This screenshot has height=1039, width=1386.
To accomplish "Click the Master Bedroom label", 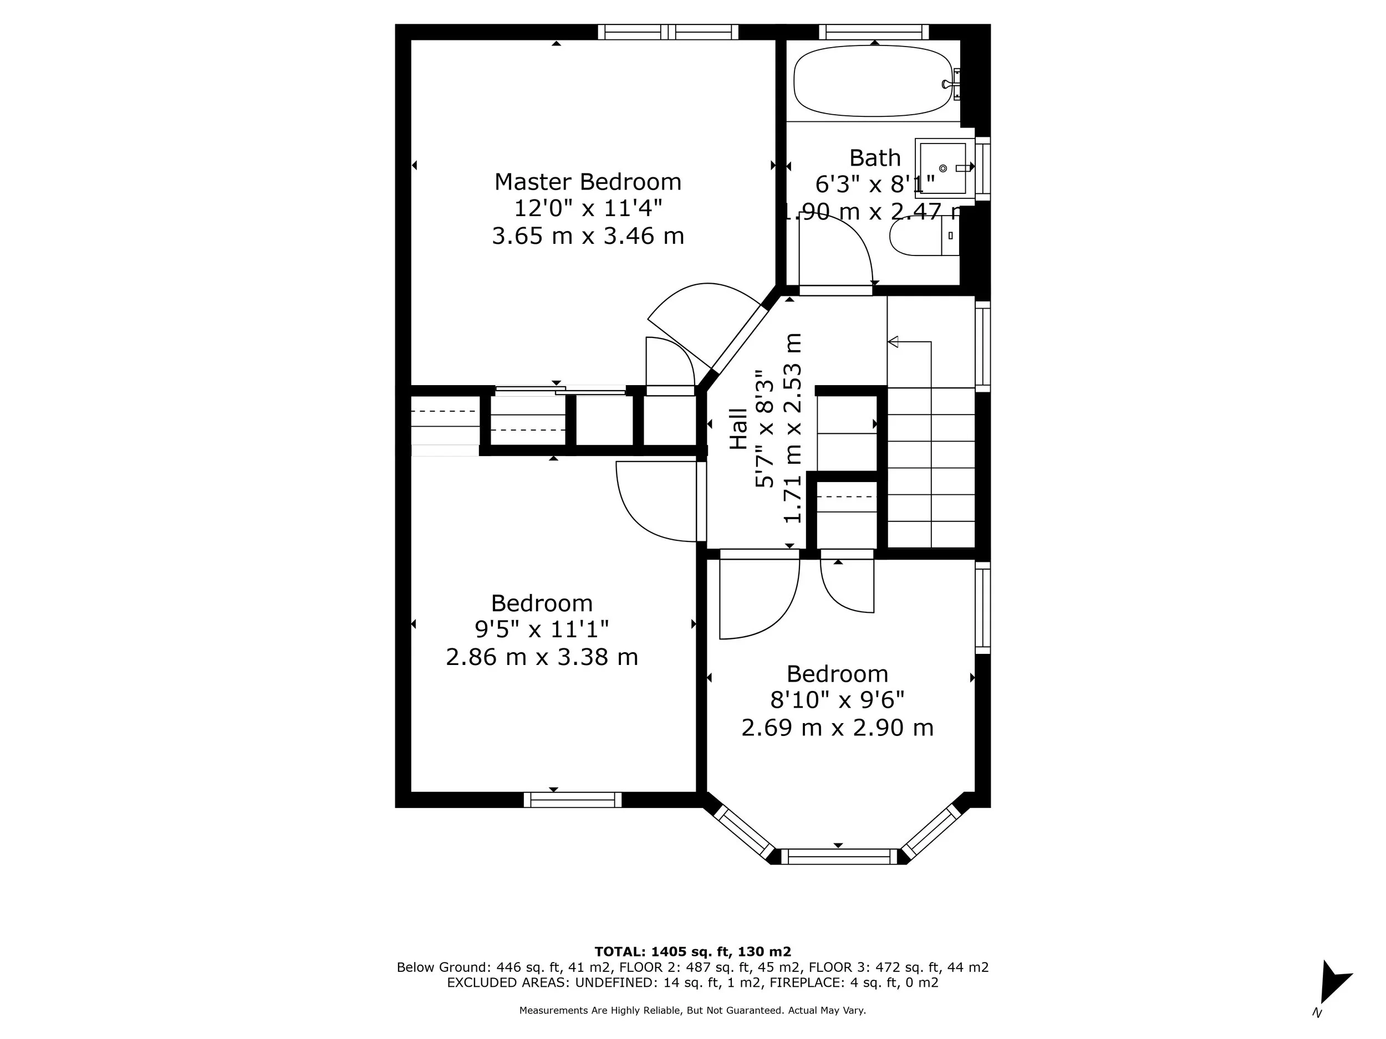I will point(587,182).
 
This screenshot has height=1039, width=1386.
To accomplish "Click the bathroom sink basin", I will point(942,168).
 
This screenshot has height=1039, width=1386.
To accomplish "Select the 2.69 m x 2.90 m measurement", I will point(837,728).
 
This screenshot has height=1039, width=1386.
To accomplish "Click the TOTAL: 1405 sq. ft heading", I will point(692,951).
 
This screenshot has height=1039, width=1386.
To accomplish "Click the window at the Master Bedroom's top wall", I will point(668,32).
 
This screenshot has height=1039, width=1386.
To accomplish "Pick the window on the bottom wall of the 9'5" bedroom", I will point(572,800).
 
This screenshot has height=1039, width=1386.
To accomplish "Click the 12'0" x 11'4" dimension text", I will point(587,208).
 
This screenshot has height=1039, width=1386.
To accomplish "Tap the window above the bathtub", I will point(873,32).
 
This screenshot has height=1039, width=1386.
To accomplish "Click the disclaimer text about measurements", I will point(692,1010).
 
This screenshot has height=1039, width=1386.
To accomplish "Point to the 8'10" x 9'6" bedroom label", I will point(837,674).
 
